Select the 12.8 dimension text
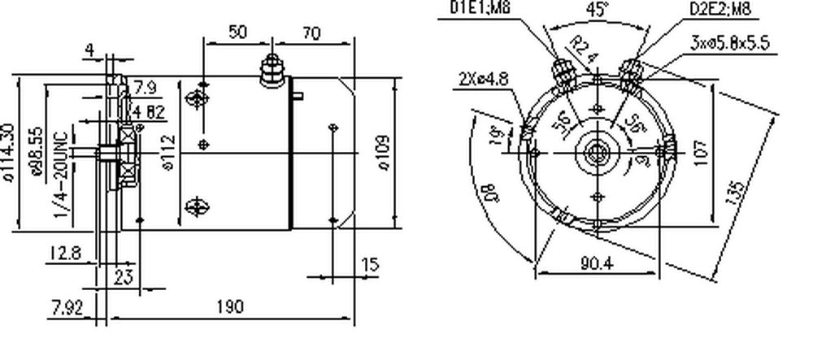coord(65,254)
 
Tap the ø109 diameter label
coord(384,152)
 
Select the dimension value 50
coord(238,33)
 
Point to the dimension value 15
coord(370,265)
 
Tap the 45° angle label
coord(598,10)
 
